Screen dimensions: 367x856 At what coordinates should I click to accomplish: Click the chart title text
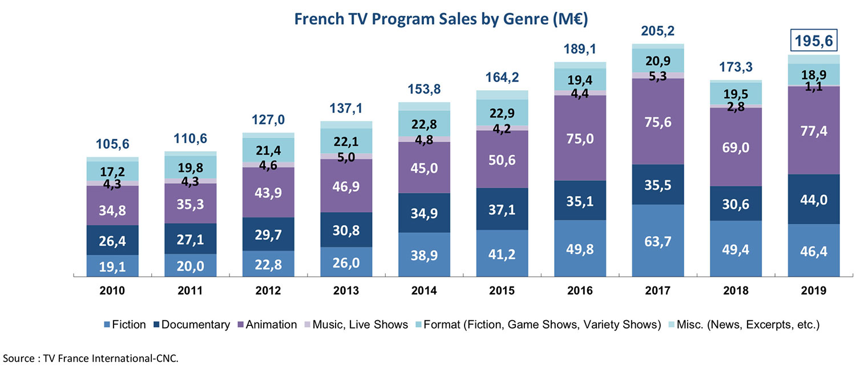(x=441, y=18)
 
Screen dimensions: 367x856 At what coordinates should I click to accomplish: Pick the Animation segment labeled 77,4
(x=813, y=131)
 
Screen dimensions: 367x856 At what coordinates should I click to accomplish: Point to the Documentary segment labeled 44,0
(x=813, y=199)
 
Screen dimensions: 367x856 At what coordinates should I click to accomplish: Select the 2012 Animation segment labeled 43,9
(x=268, y=192)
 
